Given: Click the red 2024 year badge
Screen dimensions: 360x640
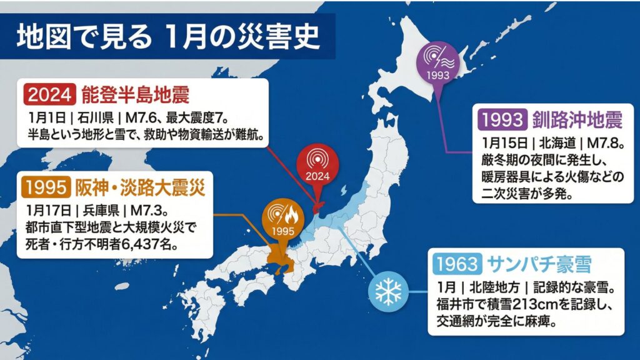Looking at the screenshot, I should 51,94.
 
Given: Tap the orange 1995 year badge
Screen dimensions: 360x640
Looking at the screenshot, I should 47,186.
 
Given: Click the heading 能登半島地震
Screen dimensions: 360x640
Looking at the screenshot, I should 135,94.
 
